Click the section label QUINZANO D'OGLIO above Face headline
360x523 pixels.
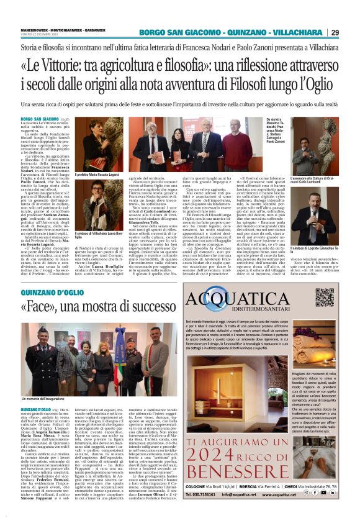click(50, 291)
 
